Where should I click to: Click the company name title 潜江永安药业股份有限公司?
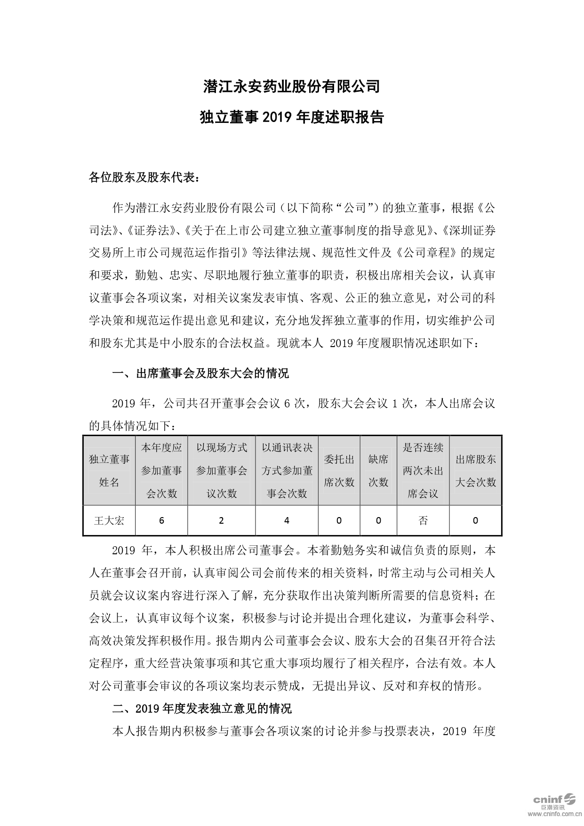tap(291, 87)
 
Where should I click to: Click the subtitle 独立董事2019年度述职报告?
tap(291, 117)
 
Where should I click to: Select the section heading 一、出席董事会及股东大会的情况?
tap(200, 374)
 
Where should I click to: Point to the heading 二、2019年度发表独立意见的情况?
tap(201, 708)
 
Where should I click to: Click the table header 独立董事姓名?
tap(109, 470)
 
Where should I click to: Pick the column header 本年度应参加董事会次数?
tap(161, 470)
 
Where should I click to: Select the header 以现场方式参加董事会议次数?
tap(221, 470)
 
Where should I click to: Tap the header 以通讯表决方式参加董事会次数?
tap(287, 470)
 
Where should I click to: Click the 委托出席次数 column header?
tap(339, 470)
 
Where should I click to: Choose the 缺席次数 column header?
tap(378, 470)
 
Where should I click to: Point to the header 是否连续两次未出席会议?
tap(423, 470)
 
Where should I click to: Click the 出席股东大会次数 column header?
tap(475, 470)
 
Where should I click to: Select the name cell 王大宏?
tap(109, 521)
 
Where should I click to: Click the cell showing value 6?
tap(161, 521)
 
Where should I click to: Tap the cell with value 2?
tap(221, 521)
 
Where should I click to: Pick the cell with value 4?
tap(287, 521)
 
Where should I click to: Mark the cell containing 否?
tap(423, 521)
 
